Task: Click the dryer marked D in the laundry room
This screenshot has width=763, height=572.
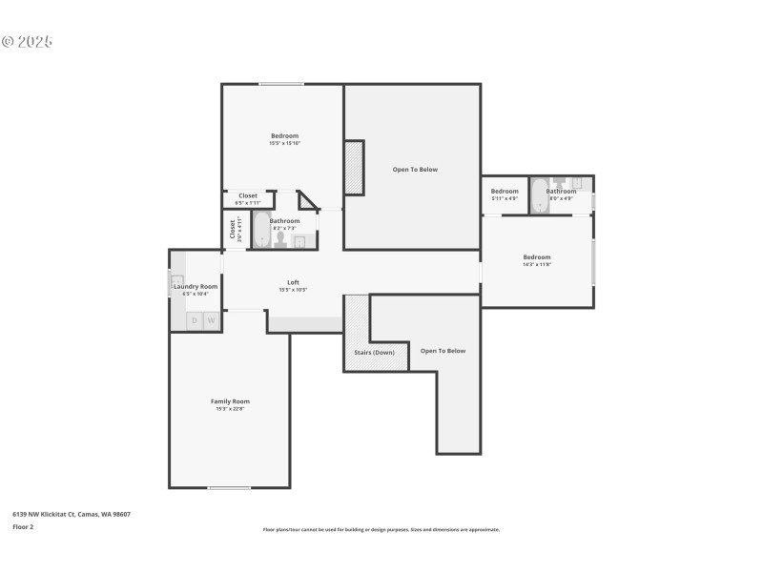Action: [195, 321]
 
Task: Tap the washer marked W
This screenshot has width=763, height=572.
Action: [211, 321]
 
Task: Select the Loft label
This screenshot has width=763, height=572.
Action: [294, 282]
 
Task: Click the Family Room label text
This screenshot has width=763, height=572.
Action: [230, 401]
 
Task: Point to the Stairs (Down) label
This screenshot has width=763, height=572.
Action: [375, 352]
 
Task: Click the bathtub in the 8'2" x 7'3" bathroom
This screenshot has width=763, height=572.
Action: [261, 230]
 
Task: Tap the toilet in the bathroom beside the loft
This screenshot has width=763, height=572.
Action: [280, 238]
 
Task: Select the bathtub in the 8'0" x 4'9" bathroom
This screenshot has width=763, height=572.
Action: [538, 194]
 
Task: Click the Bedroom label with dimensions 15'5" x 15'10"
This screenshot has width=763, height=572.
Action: [284, 136]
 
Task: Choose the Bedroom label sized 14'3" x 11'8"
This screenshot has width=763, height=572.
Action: [536, 257]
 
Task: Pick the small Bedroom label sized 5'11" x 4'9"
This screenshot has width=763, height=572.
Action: [505, 192]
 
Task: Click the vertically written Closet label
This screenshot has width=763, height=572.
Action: [232, 230]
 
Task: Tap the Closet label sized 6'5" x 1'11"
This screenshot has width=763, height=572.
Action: [248, 196]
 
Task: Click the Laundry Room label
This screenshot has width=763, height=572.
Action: [196, 286]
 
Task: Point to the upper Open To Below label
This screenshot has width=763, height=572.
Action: [415, 170]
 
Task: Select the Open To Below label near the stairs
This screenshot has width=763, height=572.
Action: [443, 351]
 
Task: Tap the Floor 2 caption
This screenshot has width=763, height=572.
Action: [23, 526]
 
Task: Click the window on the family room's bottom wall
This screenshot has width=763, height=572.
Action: [230, 488]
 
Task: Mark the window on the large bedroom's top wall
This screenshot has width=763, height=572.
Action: [281, 84]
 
